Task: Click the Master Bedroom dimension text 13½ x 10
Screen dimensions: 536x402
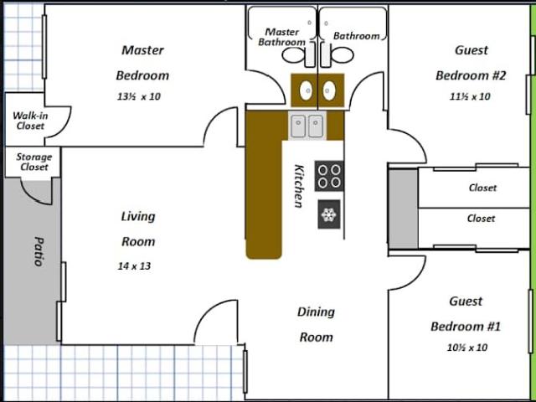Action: (x=138, y=97)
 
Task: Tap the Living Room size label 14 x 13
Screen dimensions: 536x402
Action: (x=134, y=266)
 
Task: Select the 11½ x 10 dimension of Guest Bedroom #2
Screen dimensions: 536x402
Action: (x=469, y=97)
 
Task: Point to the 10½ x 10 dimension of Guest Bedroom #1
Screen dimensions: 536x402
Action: (x=467, y=348)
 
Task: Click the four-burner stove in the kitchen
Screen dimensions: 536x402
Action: (x=329, y=176)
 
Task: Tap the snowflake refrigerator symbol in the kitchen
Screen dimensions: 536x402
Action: (x=329, y=214)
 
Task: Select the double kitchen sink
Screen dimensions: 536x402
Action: (x=307, y=126)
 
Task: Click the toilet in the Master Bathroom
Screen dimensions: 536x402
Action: (x=298, y=55)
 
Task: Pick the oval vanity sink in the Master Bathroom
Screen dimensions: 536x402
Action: (x=306, y=90)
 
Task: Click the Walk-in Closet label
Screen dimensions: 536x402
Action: (x=30, y=121)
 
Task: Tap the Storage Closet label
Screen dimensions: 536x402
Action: (x=34, y=162)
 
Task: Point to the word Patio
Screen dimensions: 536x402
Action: (x=39, y=251)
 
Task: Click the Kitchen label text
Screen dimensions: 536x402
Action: (x=299, y=186)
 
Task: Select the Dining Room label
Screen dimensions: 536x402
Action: (x=316, y=324)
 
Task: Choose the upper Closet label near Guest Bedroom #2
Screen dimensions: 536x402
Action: (x=482, y=188)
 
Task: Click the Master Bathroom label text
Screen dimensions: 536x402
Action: (x=282, y=37)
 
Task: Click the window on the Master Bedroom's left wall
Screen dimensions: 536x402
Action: (x=44, y=47)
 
